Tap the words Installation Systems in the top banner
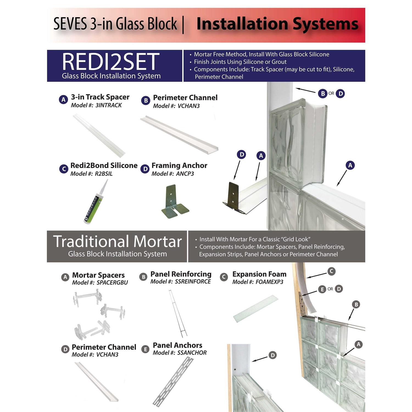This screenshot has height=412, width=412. pos(277,24)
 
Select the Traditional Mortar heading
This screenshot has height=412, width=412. pos(117,241)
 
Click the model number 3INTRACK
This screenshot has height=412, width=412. pos(108,105)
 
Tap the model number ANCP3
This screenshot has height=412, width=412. pos(185,174)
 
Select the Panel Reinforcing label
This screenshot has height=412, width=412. pos(181,274)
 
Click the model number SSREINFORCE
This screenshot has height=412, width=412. pos(193,282)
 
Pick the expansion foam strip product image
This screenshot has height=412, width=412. pos(255,308)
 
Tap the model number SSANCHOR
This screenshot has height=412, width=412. pos(192,353)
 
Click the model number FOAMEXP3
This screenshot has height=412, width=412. pos(269,282)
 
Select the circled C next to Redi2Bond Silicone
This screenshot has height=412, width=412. pos(64,169)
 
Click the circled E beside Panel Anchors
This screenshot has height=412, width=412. pos(145,349)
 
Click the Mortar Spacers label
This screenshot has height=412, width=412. pos(98,275)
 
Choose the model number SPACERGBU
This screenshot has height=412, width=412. pos(112,283)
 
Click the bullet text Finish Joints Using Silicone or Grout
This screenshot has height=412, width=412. pos(240,62)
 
